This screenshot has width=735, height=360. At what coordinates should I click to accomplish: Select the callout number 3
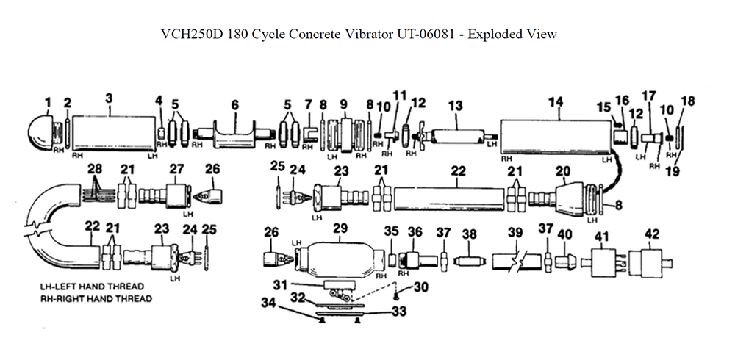[x=109, y=98]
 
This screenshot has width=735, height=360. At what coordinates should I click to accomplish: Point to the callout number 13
[x=456, y=106]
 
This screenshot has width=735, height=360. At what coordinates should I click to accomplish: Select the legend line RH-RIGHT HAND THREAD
[x=96, y=299]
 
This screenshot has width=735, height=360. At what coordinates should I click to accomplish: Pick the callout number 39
[x=515, y=233]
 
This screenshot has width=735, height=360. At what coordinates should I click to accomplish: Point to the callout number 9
[x=343, y=103]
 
